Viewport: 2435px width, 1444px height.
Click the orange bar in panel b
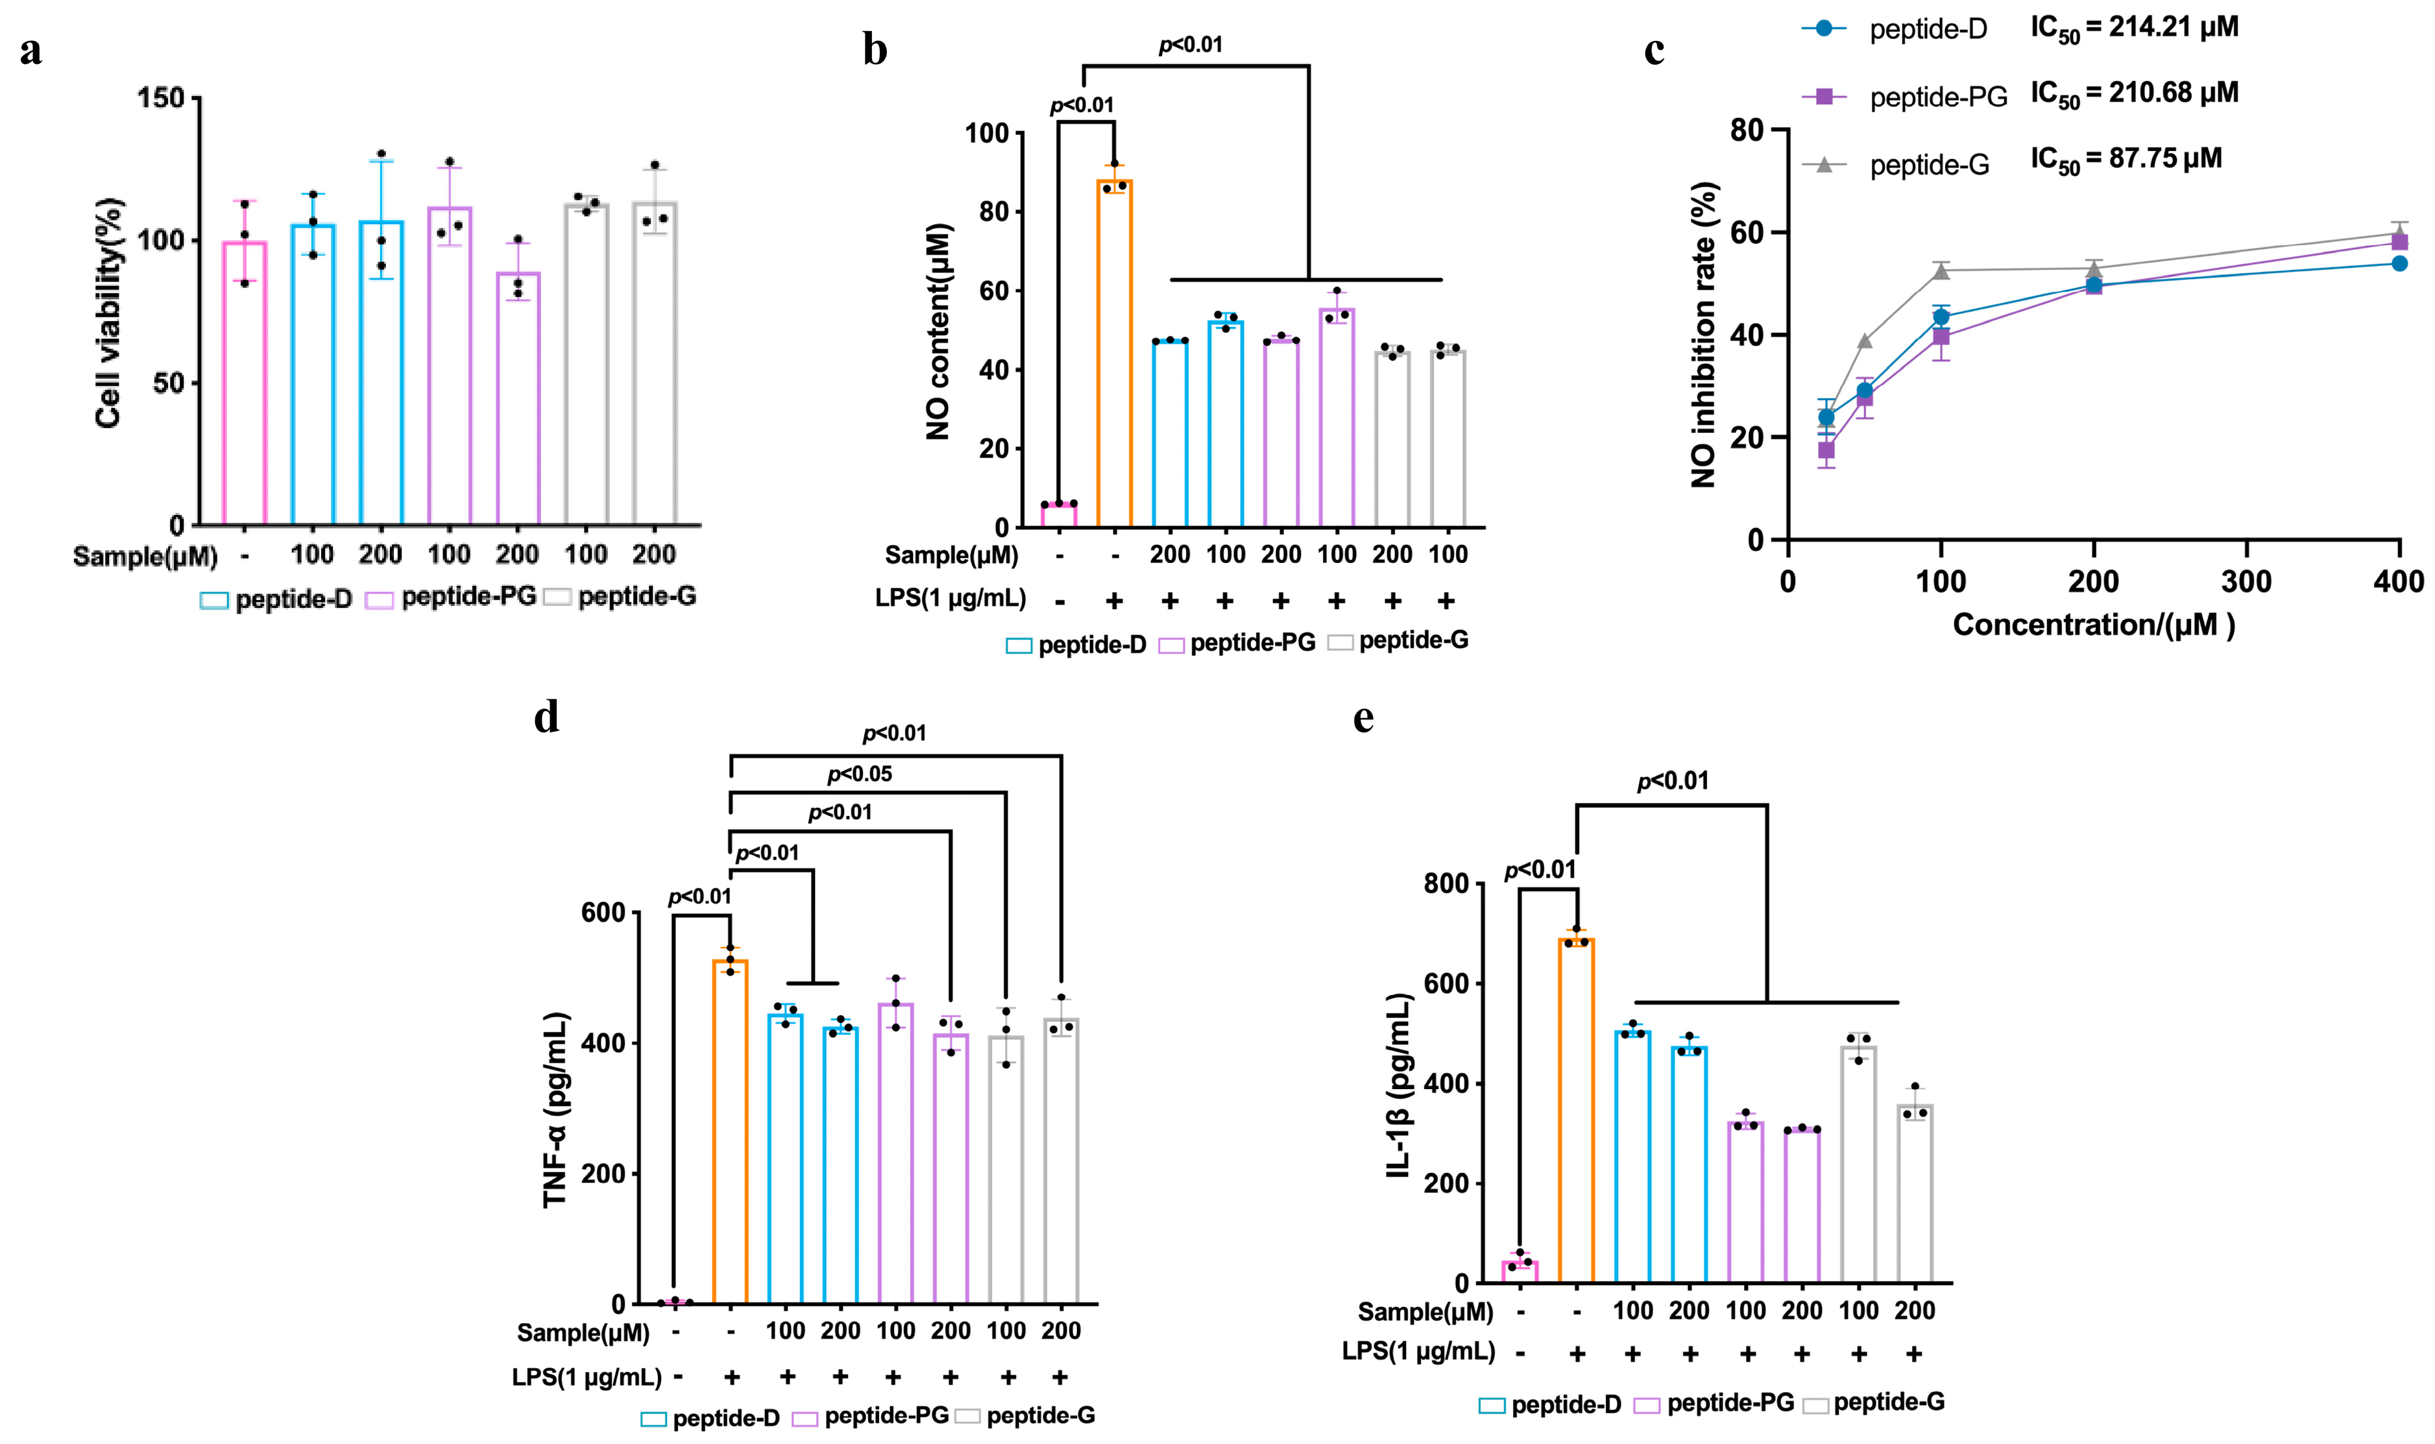[1115, 353]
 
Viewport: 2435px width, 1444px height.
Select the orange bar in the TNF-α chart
[730, 1131]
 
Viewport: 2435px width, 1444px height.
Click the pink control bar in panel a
[244, 383]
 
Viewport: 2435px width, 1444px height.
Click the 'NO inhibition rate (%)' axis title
[1703, 333]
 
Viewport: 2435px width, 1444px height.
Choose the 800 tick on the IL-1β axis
[1446, 884]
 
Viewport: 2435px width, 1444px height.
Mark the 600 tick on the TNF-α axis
[603, 913]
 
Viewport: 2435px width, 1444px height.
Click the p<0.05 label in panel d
[859, 775]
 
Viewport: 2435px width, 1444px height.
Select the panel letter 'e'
[1364, 718]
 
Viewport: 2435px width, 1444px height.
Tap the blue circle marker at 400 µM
[2399, 263]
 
